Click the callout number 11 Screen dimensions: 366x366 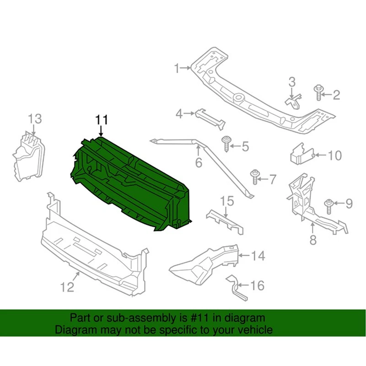point(101,120)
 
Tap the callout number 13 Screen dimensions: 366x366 point(35,118)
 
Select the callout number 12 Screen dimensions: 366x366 point(67,287)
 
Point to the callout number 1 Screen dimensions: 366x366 point(177,69)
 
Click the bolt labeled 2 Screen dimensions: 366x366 point(317,92)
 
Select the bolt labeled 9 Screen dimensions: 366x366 point(328,205)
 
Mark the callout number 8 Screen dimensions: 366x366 point(313,239)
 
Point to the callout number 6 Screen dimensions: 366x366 point(199,162)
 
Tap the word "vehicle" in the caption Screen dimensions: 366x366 point(256,329)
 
